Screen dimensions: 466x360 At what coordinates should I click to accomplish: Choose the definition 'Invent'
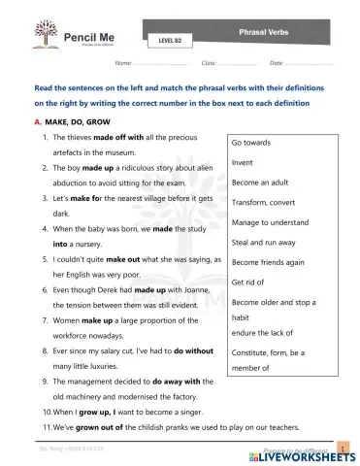[x=243, y=161]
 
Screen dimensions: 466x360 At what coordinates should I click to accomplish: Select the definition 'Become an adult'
[x=261, y=182]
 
